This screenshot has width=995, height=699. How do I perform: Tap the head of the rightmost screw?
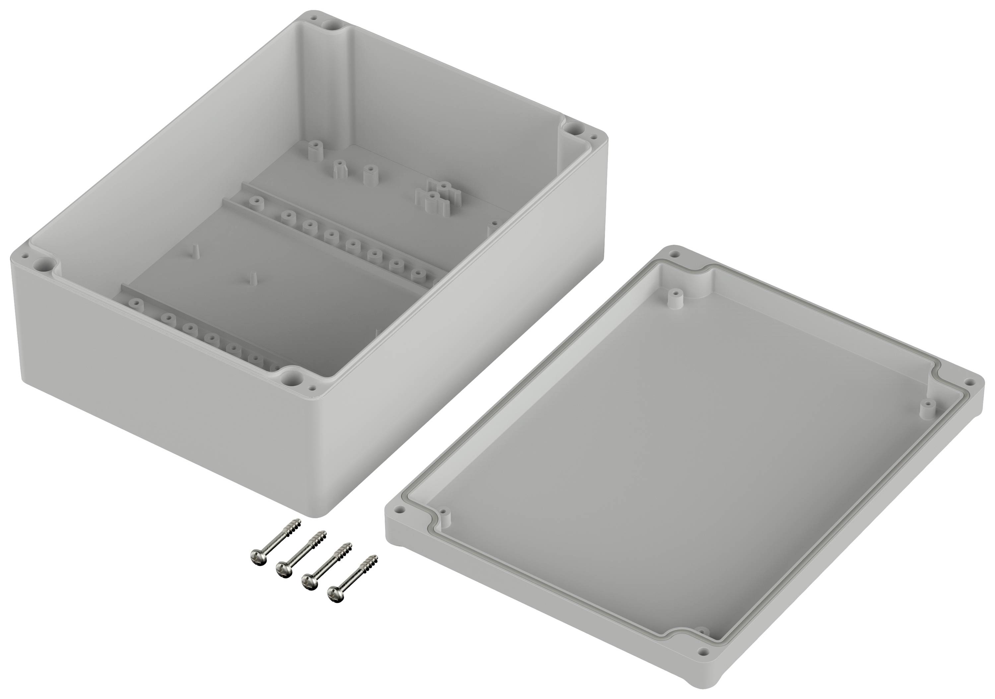[x=333, y=594]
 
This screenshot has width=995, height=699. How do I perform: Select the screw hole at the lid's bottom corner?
[x=702, y=663]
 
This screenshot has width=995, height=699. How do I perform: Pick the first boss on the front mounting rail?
[x=136, y=303]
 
